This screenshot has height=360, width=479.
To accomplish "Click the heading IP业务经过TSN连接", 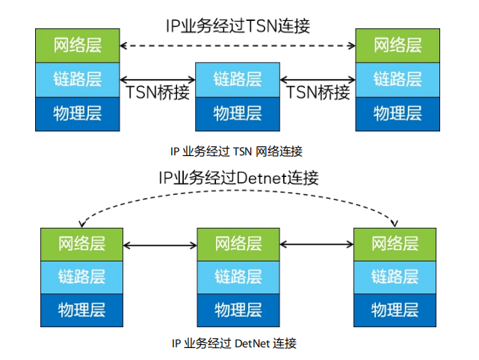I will [238, 25].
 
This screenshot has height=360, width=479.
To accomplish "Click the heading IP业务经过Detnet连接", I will [238, 178].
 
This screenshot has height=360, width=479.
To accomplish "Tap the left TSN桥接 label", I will [158, 93].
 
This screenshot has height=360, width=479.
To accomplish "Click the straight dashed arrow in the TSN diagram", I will [238, 46].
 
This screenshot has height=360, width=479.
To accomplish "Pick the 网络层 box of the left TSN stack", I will [78, 46].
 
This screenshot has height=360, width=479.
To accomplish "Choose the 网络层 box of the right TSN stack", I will [398, 46].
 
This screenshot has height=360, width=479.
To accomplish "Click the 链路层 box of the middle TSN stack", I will [238, 79].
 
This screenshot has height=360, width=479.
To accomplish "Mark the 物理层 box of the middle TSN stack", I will [238, 114].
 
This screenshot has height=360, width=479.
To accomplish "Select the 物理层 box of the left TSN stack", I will [78, 114].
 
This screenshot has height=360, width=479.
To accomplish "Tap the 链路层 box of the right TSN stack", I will [398, 79].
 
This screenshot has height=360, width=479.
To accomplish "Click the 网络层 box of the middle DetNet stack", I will [238, 244].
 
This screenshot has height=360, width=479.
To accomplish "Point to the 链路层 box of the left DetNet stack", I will [81, 277].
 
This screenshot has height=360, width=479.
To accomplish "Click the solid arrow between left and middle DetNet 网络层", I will [159, 244].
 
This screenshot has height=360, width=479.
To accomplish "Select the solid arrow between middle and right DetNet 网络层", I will [316, 244].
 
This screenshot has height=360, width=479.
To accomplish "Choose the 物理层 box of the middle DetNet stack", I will [238, 310].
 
